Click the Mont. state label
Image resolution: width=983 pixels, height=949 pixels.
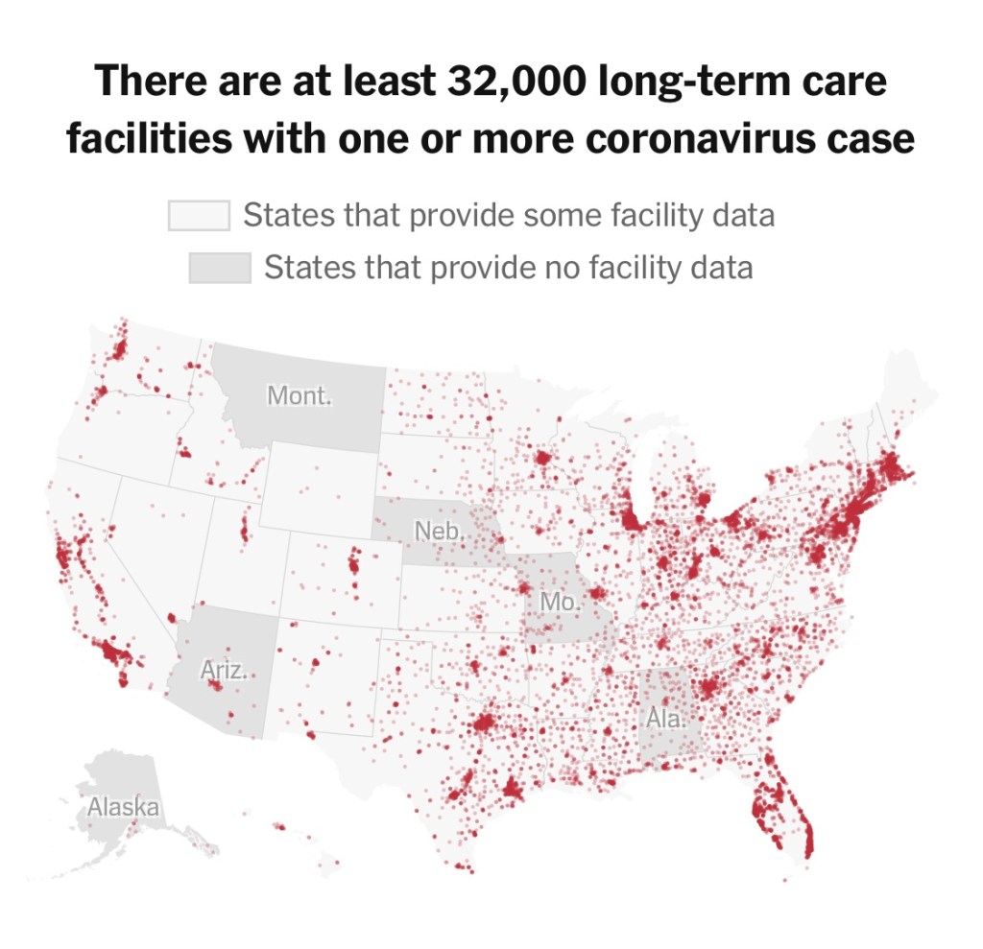click(x=300, y=394)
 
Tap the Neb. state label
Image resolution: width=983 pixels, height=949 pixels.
click(x=436, y=530)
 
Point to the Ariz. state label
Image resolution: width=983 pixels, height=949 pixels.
click(x=223, y=670)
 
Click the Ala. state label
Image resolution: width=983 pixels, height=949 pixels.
click(x=665, y=717)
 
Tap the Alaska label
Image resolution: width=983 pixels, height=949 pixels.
click(x=123, y=806)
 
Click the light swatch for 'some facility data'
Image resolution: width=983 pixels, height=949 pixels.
click(x=199, y=215)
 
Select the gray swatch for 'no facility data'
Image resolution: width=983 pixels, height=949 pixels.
click(x=220, y=267)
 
